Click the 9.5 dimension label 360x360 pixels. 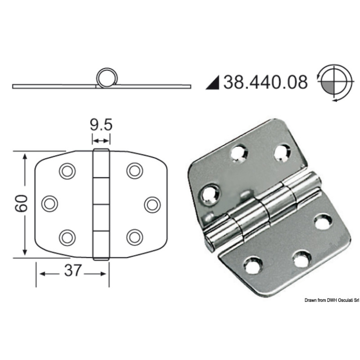101,125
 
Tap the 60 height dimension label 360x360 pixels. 21,203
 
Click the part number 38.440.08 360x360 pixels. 265,82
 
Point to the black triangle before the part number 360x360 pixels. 213,82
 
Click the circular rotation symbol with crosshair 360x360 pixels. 335,82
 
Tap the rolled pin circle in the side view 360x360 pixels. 107,78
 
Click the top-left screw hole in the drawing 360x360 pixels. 67,171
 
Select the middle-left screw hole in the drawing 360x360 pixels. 50,203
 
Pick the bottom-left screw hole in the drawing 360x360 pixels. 67,237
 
